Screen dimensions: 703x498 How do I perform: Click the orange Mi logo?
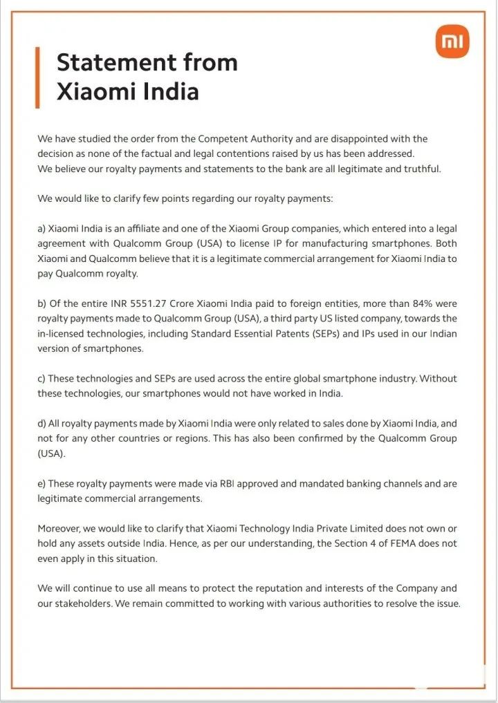pyautogui.click(x=452, y=42)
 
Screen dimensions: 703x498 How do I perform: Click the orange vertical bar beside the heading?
pyautogui.click(x=37, y=77)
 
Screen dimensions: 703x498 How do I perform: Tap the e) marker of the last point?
pyautogui.click(x=41, y=484)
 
